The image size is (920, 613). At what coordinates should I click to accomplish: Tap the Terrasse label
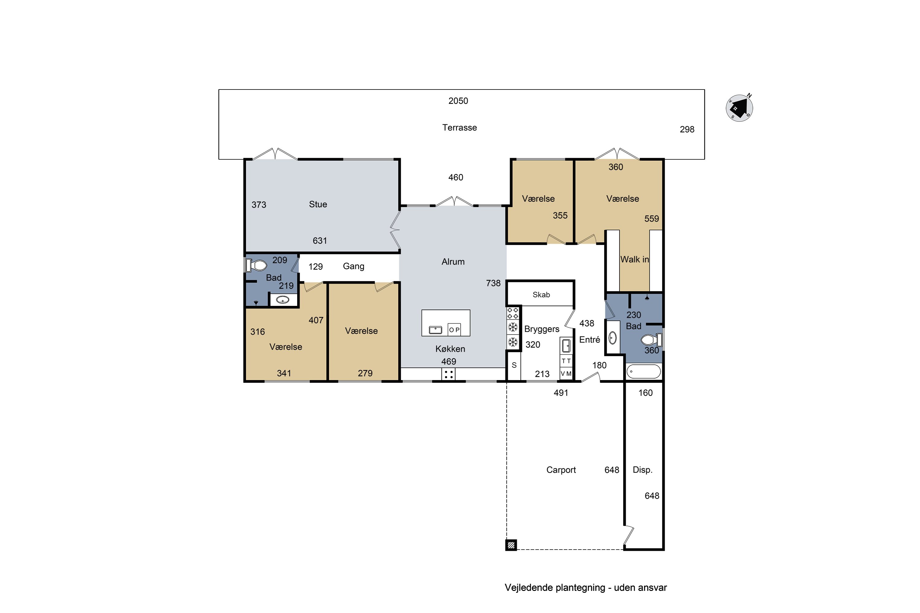point(460,128)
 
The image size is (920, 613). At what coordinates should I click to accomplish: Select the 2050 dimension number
point(458,101)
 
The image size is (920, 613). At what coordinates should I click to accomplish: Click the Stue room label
point(318,204)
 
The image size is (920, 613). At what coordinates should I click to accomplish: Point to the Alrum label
point(453,261)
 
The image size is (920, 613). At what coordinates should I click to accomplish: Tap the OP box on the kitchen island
point(454,329)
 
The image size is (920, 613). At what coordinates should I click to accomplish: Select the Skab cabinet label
point(541,294)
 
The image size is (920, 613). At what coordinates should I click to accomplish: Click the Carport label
point(561,470)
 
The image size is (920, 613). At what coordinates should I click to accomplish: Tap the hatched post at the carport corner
point(511,545)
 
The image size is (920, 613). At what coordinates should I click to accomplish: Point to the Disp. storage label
point(643,470)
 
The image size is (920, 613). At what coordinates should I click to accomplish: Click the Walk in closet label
point(634,259)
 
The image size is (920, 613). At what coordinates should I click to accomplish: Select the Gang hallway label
point(354,266)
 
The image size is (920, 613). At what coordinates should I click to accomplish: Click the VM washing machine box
point(566,373)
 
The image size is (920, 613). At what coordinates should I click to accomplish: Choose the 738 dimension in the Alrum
point(493,283)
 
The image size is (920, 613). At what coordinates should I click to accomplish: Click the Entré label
point(589,339)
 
